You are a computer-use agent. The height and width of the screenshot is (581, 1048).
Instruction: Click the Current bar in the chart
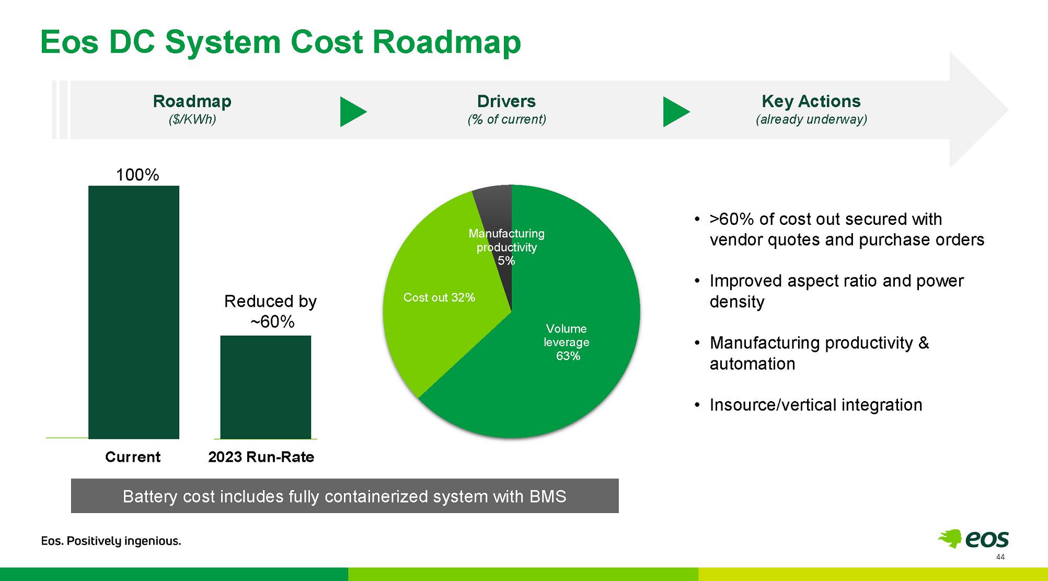(134, 312)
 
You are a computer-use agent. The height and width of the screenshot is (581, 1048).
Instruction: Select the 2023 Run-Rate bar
(266, 387)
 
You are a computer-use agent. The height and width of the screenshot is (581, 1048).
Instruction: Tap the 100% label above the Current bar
(137, 175)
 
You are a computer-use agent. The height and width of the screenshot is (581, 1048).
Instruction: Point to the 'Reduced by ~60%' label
(271, 311)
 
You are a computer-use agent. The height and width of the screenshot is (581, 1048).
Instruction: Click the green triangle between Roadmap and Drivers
(353, 111)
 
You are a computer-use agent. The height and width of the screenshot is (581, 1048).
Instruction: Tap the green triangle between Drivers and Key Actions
(676, 111)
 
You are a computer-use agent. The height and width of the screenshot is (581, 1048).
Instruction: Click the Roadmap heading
(192, 101)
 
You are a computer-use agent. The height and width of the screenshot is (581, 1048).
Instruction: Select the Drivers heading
(506, 101)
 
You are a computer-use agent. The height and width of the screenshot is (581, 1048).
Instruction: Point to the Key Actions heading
(811, 101)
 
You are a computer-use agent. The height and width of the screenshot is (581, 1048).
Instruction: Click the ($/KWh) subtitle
(192, 119)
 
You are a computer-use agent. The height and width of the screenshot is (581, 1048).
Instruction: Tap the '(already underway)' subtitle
(811, 119)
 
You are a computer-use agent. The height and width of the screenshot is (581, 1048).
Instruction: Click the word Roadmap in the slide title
(446, 42)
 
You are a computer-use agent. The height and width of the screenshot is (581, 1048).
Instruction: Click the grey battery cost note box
(345, 496)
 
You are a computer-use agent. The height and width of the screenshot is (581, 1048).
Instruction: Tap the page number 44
(1000, 557)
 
